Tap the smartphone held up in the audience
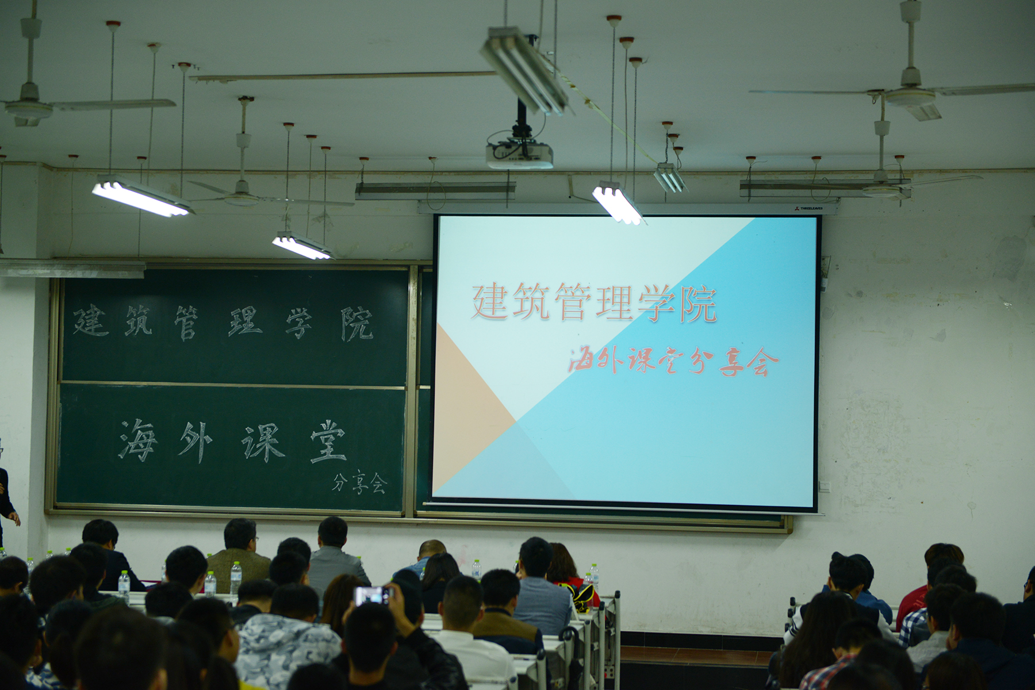(x=371, y=596)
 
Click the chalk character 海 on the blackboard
(x=138, y=440)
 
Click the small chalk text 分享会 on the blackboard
(x=359, y=484)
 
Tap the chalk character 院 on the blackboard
(x=356, y=323)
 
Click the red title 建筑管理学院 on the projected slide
(x=594, y=302)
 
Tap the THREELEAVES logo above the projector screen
(x=808, y=208)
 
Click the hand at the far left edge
(x=15, y=519)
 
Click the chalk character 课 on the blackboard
(x=263, y=442)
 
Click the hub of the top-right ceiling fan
(x=910, y=90)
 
